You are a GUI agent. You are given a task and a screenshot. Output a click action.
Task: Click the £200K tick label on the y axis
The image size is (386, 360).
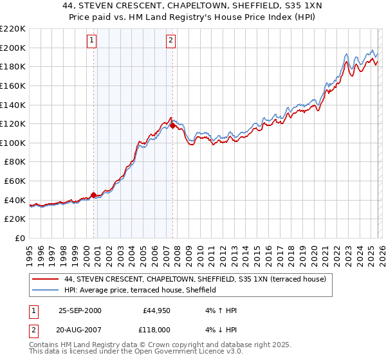point(13,48)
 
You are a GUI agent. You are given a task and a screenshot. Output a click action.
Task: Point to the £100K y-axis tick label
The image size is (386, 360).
point(13,143)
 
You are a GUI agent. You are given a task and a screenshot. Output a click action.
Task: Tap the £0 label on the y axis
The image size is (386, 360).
point(19,238)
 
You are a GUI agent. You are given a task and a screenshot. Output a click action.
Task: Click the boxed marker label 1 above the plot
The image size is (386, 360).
point(93,40)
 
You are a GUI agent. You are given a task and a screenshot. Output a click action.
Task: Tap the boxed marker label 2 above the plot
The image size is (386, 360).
point(171,40)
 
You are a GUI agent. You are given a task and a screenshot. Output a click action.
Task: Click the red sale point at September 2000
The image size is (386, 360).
point(94,194)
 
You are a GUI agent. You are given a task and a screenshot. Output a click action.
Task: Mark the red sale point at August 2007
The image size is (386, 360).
point(172,126)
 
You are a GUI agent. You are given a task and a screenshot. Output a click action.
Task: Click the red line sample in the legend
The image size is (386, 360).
point(46,280)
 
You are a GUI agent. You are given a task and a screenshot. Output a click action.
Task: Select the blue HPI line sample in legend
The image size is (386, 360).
point(46,291)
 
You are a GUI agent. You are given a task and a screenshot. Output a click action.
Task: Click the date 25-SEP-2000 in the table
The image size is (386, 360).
point(80,310)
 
